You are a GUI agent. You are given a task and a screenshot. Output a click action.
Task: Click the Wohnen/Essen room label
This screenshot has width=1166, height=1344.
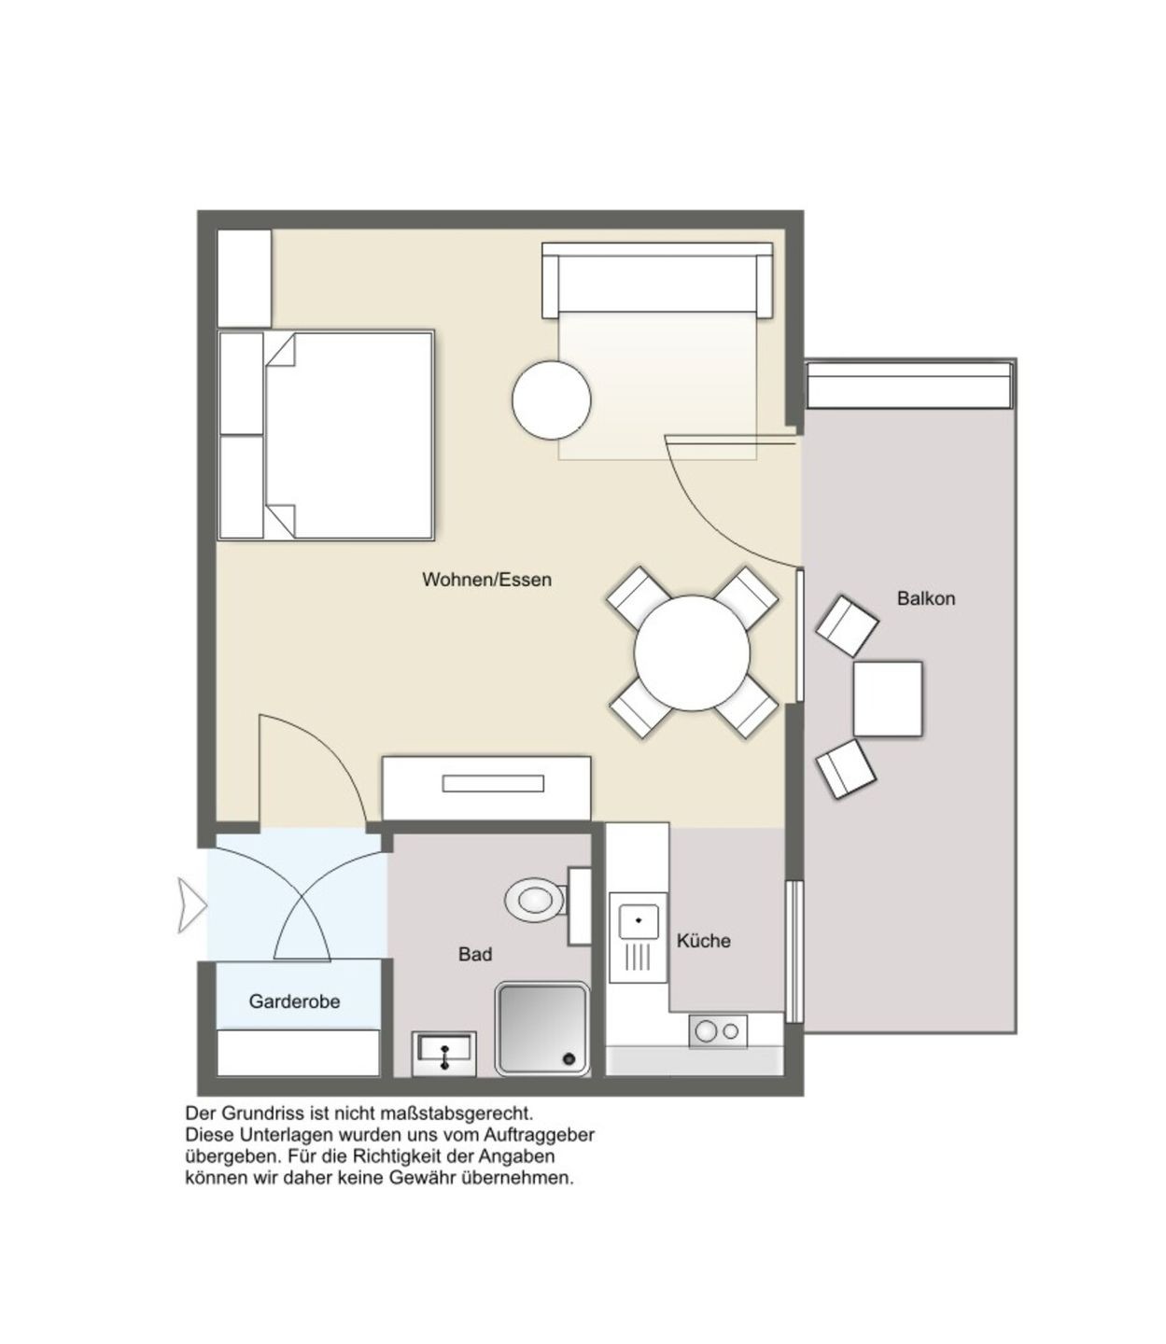(486, 580)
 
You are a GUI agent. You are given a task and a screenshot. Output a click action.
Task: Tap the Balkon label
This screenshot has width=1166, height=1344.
(925, 598)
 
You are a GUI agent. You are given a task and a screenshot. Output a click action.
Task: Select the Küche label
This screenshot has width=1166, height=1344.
(704, 941)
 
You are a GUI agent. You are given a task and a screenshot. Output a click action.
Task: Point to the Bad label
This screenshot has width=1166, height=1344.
(475, 954)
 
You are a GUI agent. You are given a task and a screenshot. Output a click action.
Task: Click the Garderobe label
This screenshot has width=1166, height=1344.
(294, 1001)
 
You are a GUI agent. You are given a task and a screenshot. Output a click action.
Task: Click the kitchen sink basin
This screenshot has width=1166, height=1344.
(638, 921)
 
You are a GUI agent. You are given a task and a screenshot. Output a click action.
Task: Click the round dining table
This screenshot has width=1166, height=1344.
(692, 652)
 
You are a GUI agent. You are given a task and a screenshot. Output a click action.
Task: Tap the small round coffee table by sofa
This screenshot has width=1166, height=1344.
(551, 399)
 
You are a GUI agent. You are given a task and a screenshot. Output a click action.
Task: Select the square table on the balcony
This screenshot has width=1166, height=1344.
(888, 699)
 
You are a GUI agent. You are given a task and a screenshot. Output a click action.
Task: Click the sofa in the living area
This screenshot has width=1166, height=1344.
(657, 280)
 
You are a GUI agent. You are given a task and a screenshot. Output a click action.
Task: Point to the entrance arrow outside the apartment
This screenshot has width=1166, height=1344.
(191, 905)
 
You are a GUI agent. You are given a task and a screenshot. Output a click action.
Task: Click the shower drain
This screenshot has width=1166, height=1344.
(569, 1058)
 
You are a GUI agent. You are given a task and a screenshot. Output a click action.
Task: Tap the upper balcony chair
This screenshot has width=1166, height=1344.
(847, 625)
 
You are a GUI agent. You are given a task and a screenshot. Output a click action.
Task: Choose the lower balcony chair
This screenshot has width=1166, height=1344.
(846, 768)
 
